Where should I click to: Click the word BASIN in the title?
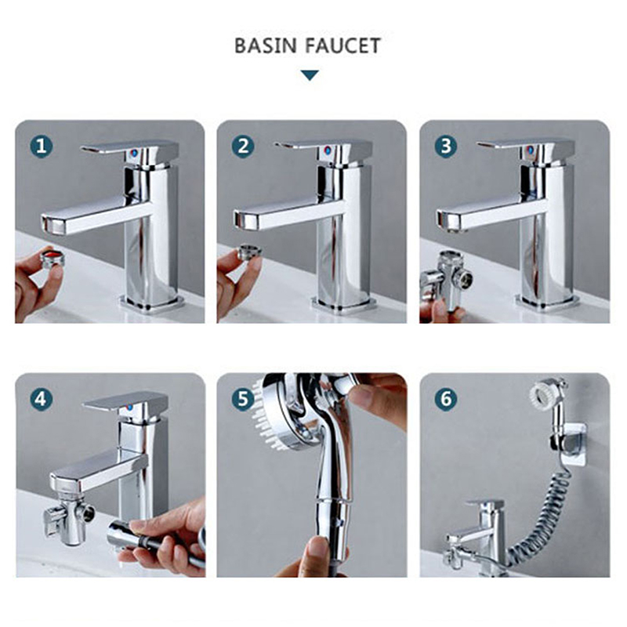point(265,45)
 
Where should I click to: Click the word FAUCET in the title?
point(343,45)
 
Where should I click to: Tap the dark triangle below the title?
point(310,75)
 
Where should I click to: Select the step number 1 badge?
point(42,147)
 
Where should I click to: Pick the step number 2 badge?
point(243,147)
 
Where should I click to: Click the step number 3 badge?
point(446,147)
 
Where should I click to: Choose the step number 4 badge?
point(42,399)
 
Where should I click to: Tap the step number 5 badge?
point(243,399)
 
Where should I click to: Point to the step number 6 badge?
point(446,399)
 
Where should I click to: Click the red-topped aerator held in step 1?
point(53,259)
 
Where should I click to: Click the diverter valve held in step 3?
point(447,278)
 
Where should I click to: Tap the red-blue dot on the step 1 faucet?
point(134,154)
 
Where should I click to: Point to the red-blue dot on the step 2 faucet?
point(328,150)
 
